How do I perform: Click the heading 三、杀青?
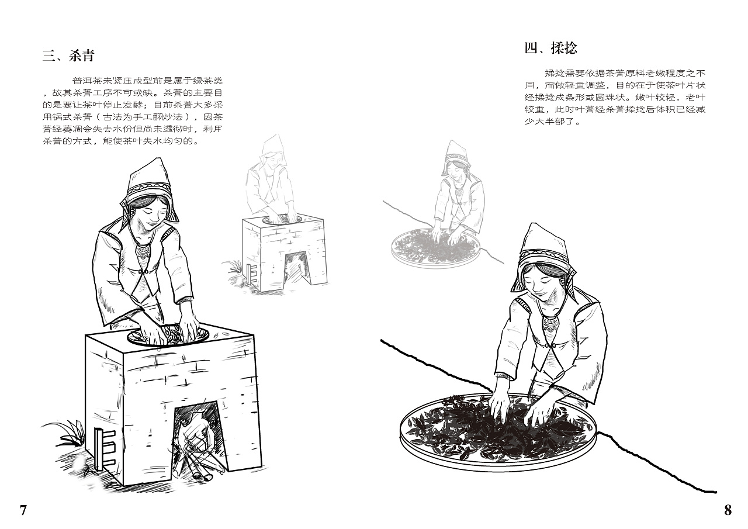coord(68,56)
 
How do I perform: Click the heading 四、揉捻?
coord(550,49)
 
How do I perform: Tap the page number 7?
coord(23,510)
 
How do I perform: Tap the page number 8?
coord(728,510)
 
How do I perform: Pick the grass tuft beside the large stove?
coord(64,433)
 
